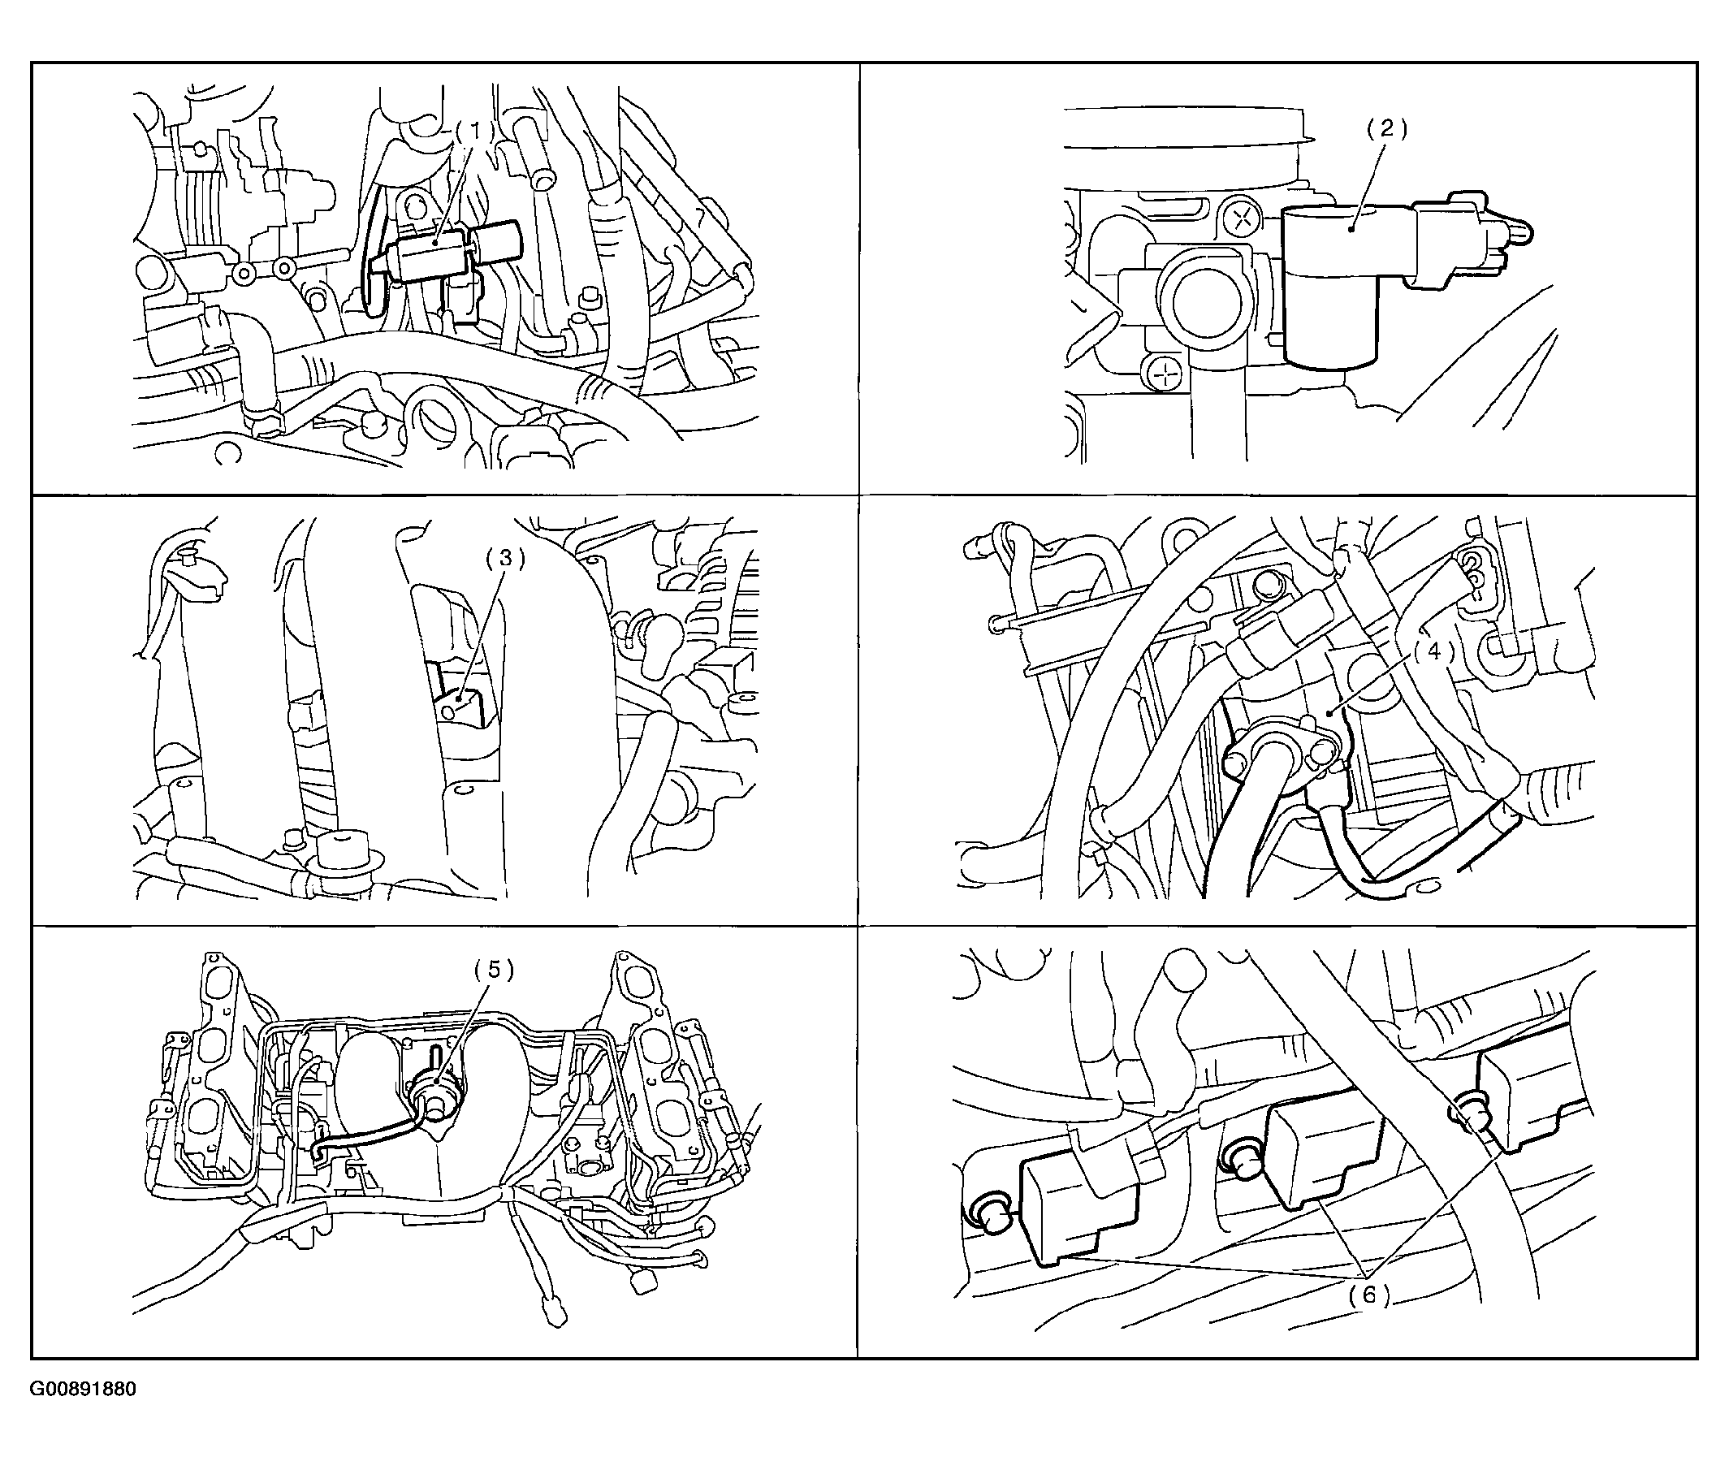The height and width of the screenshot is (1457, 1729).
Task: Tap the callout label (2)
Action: (1385, 129)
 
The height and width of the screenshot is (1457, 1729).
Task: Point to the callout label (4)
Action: (1433, 652)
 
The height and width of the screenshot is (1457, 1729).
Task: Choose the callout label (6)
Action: (1371, 1295)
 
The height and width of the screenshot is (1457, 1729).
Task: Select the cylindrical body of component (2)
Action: (1329, 286)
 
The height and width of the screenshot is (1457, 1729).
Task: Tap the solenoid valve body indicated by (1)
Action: (433, 253)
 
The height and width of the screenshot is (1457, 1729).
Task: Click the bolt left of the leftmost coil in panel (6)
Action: (987, 1212)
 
